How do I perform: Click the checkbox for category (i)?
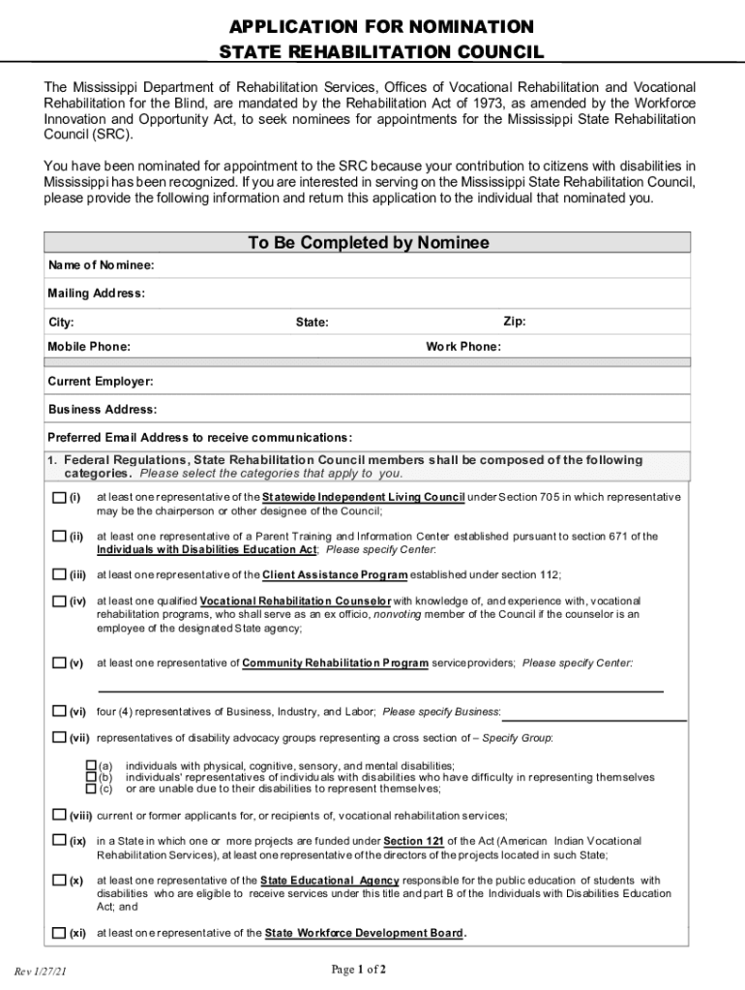point(59,498)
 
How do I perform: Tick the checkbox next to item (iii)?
point(59,574)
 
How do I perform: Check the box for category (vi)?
point(59,712)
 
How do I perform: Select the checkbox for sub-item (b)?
point(92,776)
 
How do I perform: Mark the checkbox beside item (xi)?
point(59,933)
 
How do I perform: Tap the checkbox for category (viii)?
point(59,815)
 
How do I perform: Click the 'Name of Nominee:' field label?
point(101,265)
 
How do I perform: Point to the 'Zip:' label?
point(514,321)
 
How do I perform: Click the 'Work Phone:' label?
point(463,347)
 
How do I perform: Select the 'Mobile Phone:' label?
point(89,347)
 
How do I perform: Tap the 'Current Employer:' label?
point(100,382)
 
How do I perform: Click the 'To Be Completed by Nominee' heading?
point(368,243)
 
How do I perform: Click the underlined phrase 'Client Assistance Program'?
point(334,574)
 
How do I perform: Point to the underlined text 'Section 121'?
point(413,841)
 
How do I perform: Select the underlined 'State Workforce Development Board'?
point(364,933)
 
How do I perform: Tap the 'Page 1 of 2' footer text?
point(359,969)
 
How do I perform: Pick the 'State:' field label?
point(312,322)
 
